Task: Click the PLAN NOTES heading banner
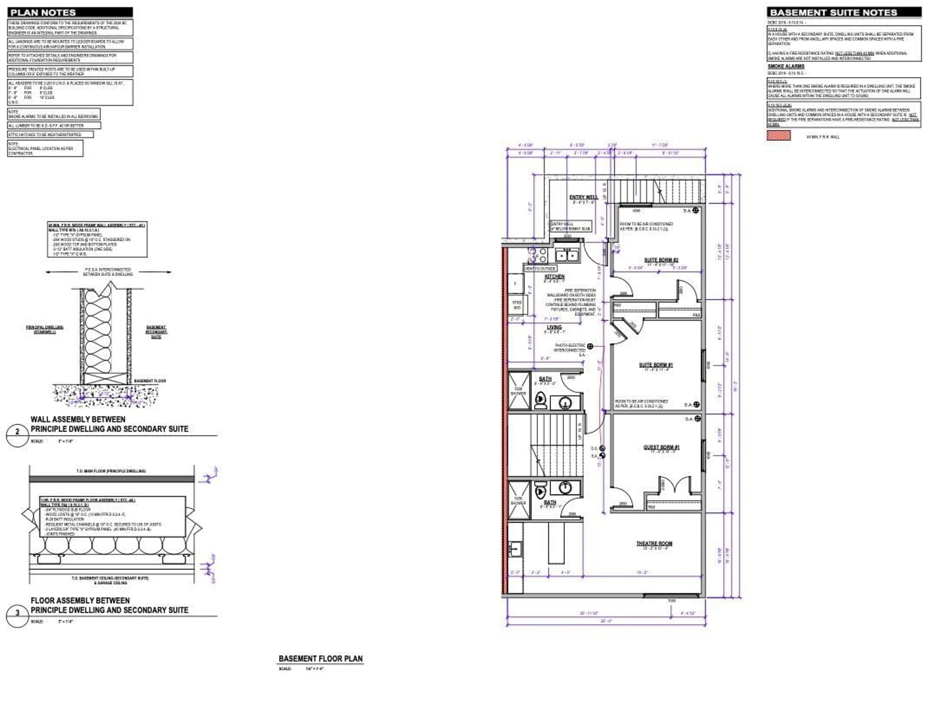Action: (x=70, y=12)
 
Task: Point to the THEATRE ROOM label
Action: (x=654, y=543)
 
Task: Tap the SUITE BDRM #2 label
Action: (x=661, y=260)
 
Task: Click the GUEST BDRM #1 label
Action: (x=661, y=447)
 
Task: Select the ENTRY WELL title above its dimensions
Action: (x=584, y=197)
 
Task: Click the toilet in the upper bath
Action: (x=540, y=400)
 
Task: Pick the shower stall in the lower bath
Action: (x=519, y=500)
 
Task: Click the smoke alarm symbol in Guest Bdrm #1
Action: (x=697, y=419)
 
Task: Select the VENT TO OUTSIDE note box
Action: (x=540, y=269)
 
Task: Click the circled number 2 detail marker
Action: (x=17, y=432)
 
